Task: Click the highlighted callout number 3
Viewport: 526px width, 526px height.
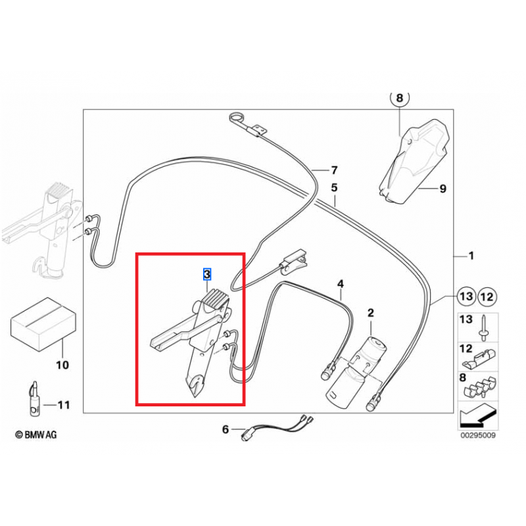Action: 207,273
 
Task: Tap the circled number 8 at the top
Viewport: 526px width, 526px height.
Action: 399,99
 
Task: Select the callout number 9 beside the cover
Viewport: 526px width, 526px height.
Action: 442,189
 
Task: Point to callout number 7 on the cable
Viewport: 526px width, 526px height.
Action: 333,169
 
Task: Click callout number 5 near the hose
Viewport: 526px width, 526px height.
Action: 334,187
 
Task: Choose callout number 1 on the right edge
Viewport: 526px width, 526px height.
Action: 470,255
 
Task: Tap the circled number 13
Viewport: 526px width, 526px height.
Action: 466,297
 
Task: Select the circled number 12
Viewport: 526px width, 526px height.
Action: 487,297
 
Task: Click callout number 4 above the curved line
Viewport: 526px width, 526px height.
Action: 341,284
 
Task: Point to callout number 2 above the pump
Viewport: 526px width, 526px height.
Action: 370,313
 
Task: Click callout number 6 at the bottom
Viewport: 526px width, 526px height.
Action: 225,429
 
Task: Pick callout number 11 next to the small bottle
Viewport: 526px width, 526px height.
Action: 63,405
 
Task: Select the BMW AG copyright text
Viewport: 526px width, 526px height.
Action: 36,434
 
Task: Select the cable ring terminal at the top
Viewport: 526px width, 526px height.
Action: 236,120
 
